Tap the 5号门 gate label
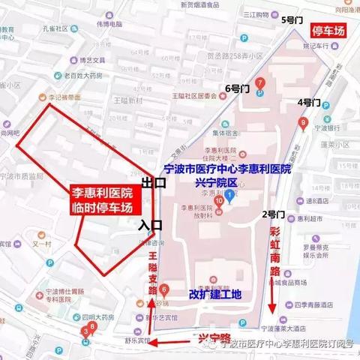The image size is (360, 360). pos(290,22)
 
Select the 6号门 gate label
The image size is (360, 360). pos(228,88)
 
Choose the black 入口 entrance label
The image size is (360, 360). pos(149,223)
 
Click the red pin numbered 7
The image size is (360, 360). pos(259,82)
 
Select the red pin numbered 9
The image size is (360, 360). pos(302,123)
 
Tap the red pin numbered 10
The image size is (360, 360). pos(218,201)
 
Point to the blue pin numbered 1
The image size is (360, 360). pos(229,196)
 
